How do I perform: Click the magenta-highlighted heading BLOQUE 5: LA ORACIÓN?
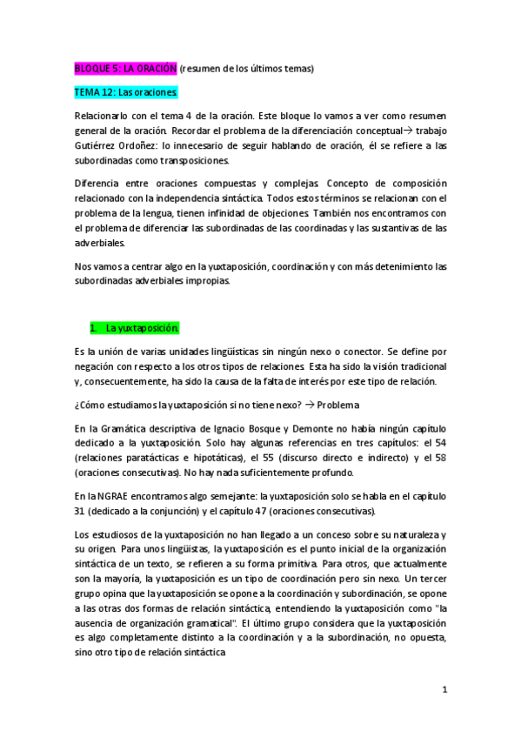tap(125, 68)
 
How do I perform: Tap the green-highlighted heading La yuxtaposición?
tap(143, 328)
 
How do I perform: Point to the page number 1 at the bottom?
tap(444, 689)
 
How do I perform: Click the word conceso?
tap(309, 533)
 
